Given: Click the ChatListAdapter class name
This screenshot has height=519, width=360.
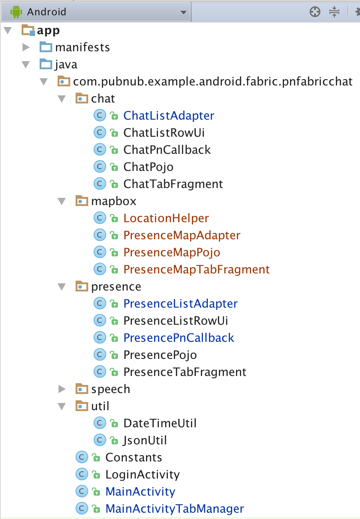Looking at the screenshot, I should (x=169, y=116).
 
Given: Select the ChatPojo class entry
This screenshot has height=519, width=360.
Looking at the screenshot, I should (x=148, y=167).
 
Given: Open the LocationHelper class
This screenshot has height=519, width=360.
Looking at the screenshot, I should (x=166, y=218).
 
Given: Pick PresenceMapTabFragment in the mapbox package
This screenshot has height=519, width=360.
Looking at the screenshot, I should (x=197, y=269).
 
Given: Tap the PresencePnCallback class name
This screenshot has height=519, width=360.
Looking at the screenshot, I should (x=179, y=338).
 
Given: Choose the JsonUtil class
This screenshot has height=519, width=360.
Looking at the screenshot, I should (x=145, y=440).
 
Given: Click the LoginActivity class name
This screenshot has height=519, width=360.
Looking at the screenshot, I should (x=142, y=474).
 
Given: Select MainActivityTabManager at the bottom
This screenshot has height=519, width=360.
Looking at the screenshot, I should (x=175, y=509).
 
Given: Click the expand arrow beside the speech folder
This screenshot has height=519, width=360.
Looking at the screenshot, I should (x=63, y=389).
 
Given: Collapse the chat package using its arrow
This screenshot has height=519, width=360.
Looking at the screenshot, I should (x=62, y=98).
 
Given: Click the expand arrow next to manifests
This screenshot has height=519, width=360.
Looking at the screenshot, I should (x=26, y=47).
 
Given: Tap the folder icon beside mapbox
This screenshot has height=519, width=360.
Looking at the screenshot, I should (x=81, y=201).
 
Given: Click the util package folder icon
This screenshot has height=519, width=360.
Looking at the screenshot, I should (x=81, y=406).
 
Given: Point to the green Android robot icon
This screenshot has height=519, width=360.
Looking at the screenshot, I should (x=17, y=12).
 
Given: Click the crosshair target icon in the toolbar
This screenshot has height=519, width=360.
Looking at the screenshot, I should (x=315, y=12).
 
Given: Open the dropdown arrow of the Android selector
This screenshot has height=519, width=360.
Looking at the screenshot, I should (x=183, y=12).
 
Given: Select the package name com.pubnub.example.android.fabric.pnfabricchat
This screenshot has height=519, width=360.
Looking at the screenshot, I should (x=212, y=81).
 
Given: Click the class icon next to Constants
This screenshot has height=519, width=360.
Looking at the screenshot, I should (x=81, y=457).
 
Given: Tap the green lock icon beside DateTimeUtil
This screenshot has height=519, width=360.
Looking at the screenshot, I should (x=114, y=424).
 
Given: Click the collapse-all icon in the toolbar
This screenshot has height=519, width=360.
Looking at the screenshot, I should (x=334, y=12).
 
